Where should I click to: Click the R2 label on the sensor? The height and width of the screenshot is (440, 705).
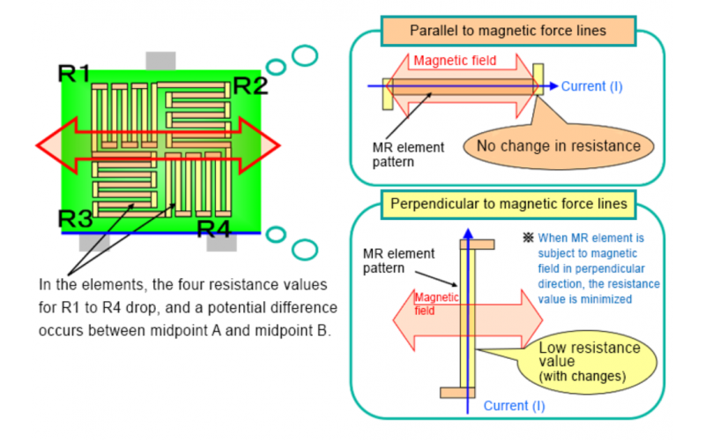pyautogui.click(x=249, y=85)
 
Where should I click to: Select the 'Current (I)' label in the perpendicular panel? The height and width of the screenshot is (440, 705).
pyautogui.click(x=519, y=406)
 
